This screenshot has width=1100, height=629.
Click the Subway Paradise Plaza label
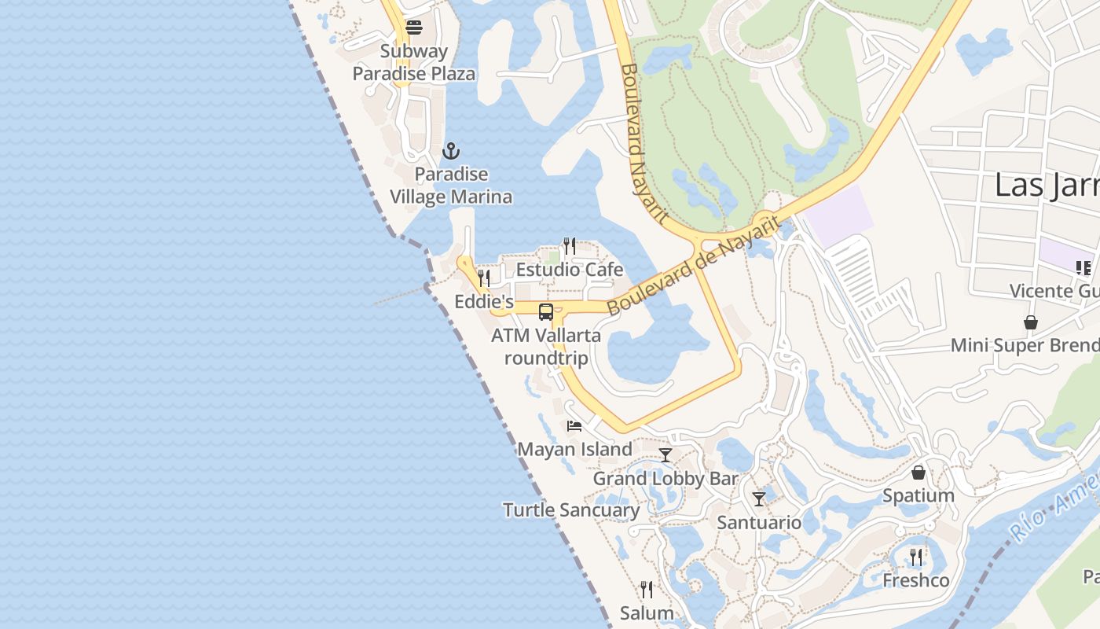[413, 63]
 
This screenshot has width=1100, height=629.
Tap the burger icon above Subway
[414, 28]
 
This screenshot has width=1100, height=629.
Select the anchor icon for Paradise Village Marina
[451, 151]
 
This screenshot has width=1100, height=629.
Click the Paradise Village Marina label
[451, 186]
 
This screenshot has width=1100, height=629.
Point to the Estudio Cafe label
[569, 270]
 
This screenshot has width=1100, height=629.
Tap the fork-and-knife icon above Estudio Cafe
[570, 246]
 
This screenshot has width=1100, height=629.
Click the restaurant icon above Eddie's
[484, 278]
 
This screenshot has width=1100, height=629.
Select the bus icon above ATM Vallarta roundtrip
[546, 312]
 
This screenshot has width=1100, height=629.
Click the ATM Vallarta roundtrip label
[546, 347]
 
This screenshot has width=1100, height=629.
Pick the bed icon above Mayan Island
[574, 426]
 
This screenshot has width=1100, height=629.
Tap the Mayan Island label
[574, 450]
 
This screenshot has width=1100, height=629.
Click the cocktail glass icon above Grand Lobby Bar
[665, 455]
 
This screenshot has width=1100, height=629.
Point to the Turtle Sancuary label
[571, 510]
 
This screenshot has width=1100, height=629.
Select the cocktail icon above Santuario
[759, 499]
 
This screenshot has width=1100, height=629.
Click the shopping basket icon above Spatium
[918, 473]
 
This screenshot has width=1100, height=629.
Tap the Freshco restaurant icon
[916, 557]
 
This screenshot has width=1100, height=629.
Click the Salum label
[647, 613]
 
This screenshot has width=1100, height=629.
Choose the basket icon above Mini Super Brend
[1030, 322]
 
